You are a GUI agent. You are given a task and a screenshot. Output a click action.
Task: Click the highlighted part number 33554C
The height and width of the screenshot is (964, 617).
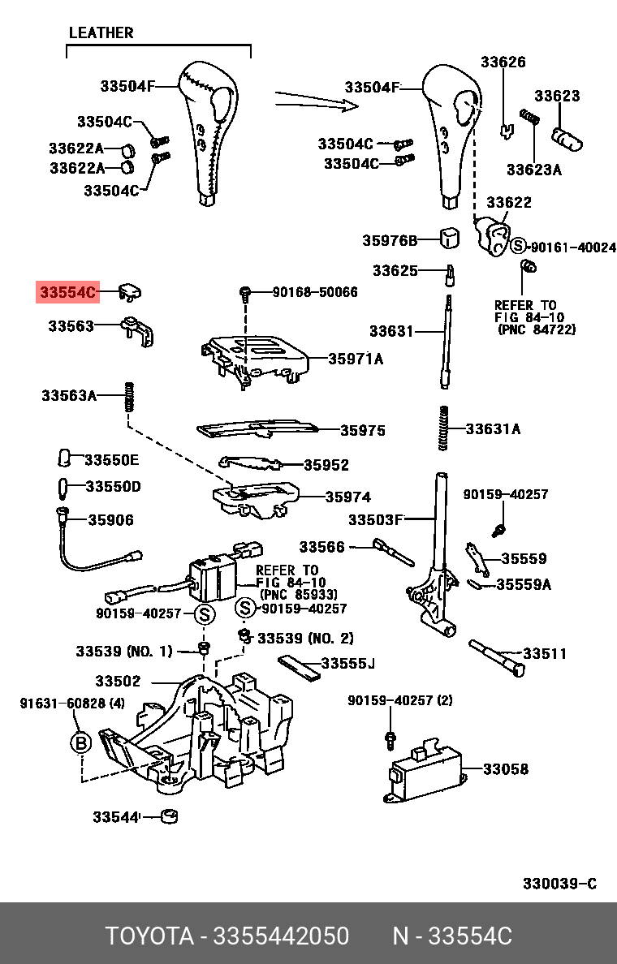point(67,291)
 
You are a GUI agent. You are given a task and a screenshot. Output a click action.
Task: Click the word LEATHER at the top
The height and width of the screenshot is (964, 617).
point(101,33)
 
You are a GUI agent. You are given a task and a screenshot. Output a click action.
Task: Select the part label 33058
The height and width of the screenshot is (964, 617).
point(506,768)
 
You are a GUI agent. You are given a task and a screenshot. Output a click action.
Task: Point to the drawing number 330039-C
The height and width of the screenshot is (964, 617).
point(559,883)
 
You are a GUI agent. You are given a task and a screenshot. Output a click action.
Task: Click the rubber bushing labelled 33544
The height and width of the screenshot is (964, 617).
point(170,816)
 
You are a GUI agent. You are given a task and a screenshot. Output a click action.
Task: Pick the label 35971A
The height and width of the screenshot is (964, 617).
point(356,359)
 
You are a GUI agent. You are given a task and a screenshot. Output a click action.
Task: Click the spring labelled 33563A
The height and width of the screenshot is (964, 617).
point(127,396)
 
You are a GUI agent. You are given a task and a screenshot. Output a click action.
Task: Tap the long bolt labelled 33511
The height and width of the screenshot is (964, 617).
point(496,657)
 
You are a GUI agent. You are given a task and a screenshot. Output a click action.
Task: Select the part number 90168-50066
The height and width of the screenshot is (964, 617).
point(315,291)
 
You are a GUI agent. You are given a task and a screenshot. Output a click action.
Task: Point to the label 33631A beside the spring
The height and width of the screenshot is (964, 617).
point(493,429)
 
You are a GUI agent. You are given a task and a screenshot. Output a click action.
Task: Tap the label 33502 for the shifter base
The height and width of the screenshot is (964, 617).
point(118,681)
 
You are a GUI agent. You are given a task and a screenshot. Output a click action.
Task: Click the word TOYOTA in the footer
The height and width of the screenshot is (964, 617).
point(149,936)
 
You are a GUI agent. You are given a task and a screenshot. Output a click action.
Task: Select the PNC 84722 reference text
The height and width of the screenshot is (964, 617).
point(537,329)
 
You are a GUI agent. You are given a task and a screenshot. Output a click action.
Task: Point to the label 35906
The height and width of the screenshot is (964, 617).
point(110,520)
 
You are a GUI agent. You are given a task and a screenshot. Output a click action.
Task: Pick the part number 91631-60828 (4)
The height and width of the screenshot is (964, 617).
point(71,703)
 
